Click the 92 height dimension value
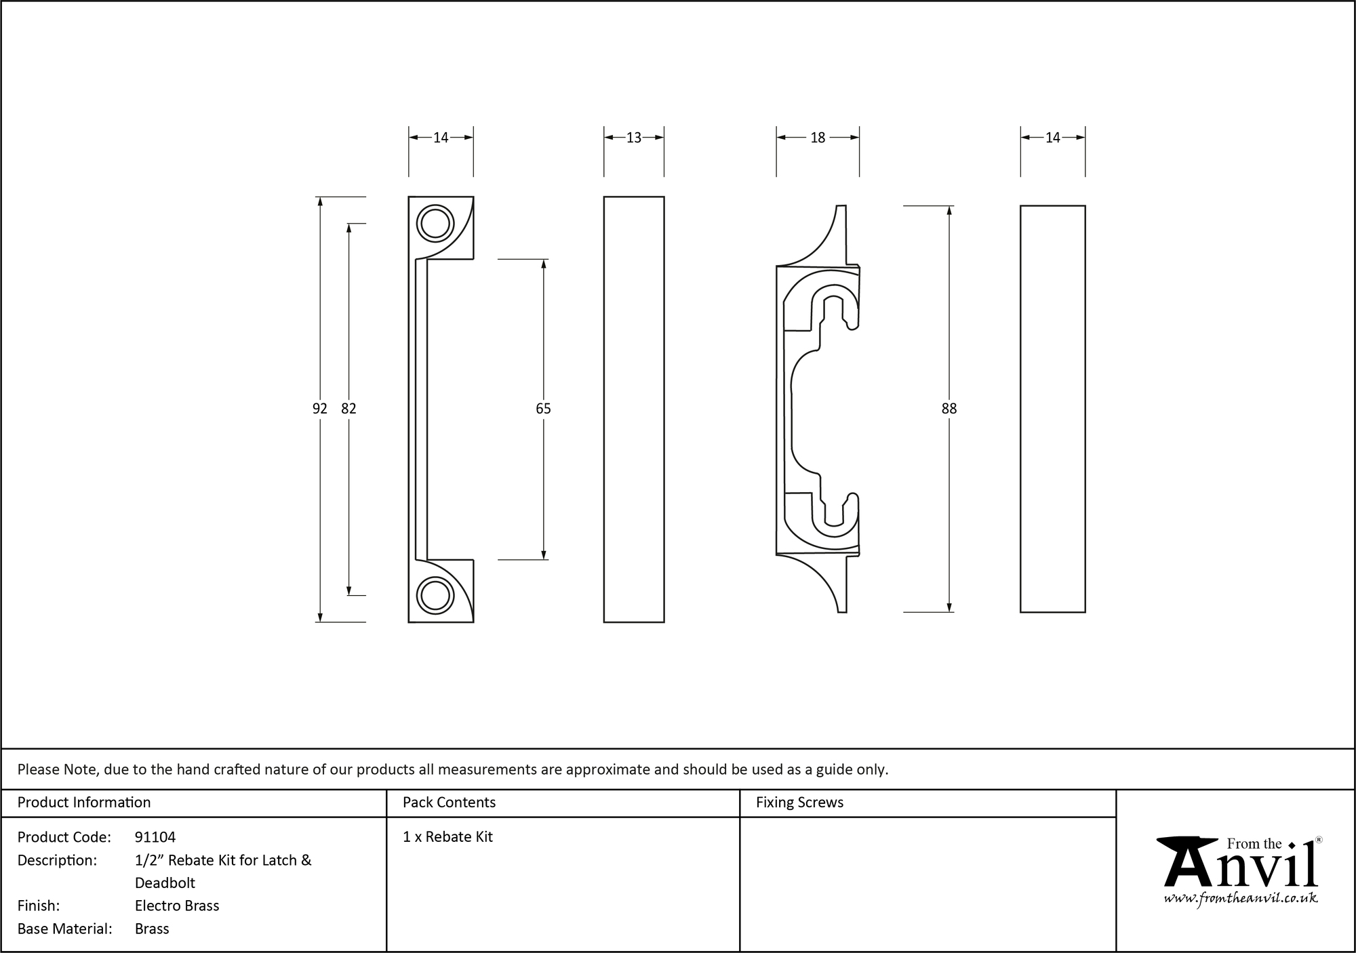(319, 409)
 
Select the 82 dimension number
(348, 409)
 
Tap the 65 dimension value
(543, 409)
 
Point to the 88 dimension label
(949, 409)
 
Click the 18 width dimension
(818, 138)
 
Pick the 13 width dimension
(633, 138)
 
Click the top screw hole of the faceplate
(435, 223)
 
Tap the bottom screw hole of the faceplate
(435, 596)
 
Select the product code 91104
(155, 837)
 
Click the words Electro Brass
(177, 906)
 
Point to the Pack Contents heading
(449, 803)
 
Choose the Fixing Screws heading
(799, 803)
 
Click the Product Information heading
(84, 803)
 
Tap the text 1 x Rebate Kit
(447, 837)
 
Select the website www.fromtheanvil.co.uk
(1241, 899)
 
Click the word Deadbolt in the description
(165, 883)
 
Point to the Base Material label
(65, 929)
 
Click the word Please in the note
(38, 769)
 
